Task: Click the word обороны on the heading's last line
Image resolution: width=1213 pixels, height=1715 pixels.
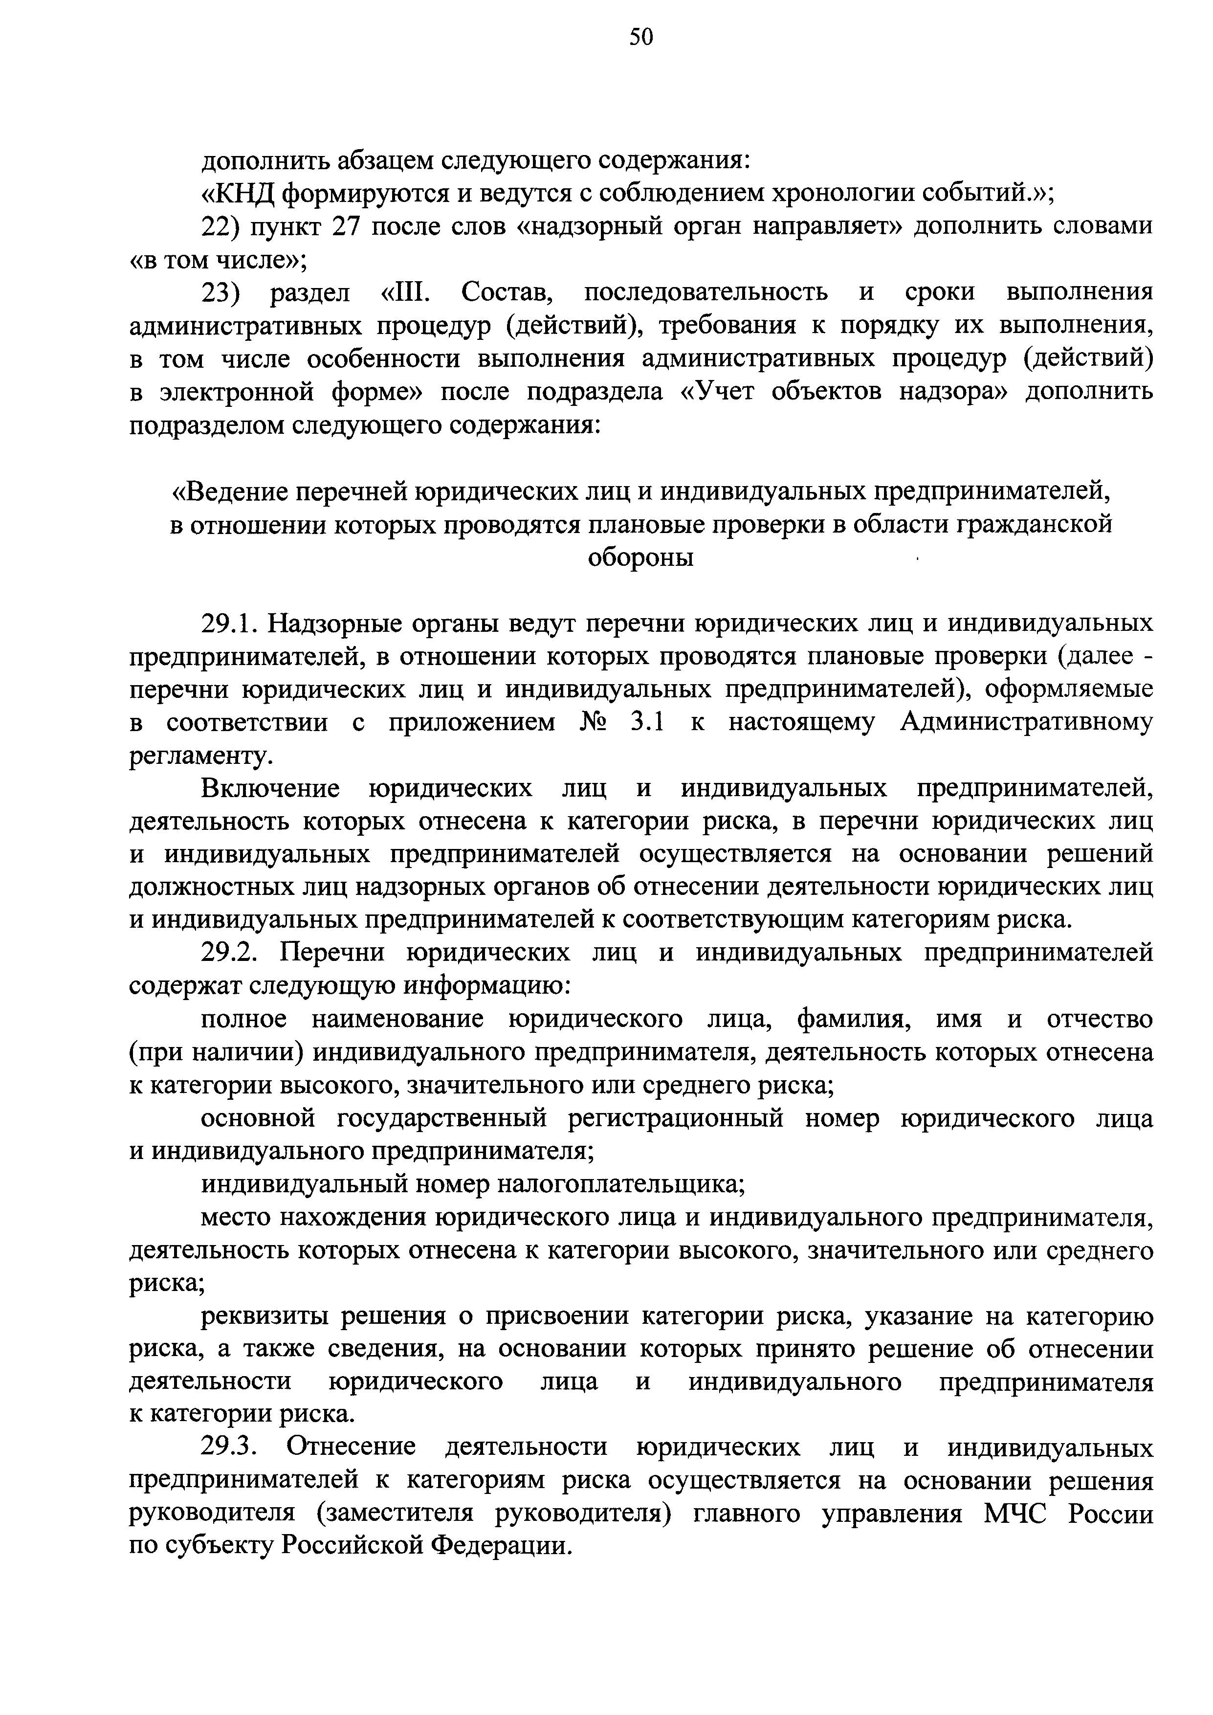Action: (641, 557)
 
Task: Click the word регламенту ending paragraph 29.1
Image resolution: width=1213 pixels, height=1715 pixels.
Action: (198, 757)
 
